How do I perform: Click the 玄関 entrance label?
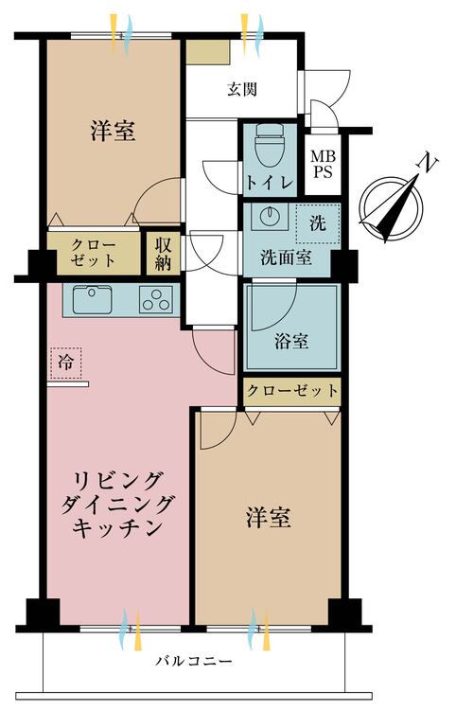pos(243,90)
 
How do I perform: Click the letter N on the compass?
pos(428,166)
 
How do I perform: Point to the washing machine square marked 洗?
pos(315,223)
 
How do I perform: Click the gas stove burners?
pos(155,299)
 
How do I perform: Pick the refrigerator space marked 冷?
pos(65,362)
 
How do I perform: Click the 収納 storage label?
pos(161,252)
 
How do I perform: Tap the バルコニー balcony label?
pos(197,661)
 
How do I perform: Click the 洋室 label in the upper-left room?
pos(113,131)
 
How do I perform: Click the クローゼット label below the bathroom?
pos(291,390)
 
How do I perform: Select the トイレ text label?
pos(270,182)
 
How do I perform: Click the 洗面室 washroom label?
pos(286,256)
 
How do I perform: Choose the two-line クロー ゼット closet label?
pos(92,252)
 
